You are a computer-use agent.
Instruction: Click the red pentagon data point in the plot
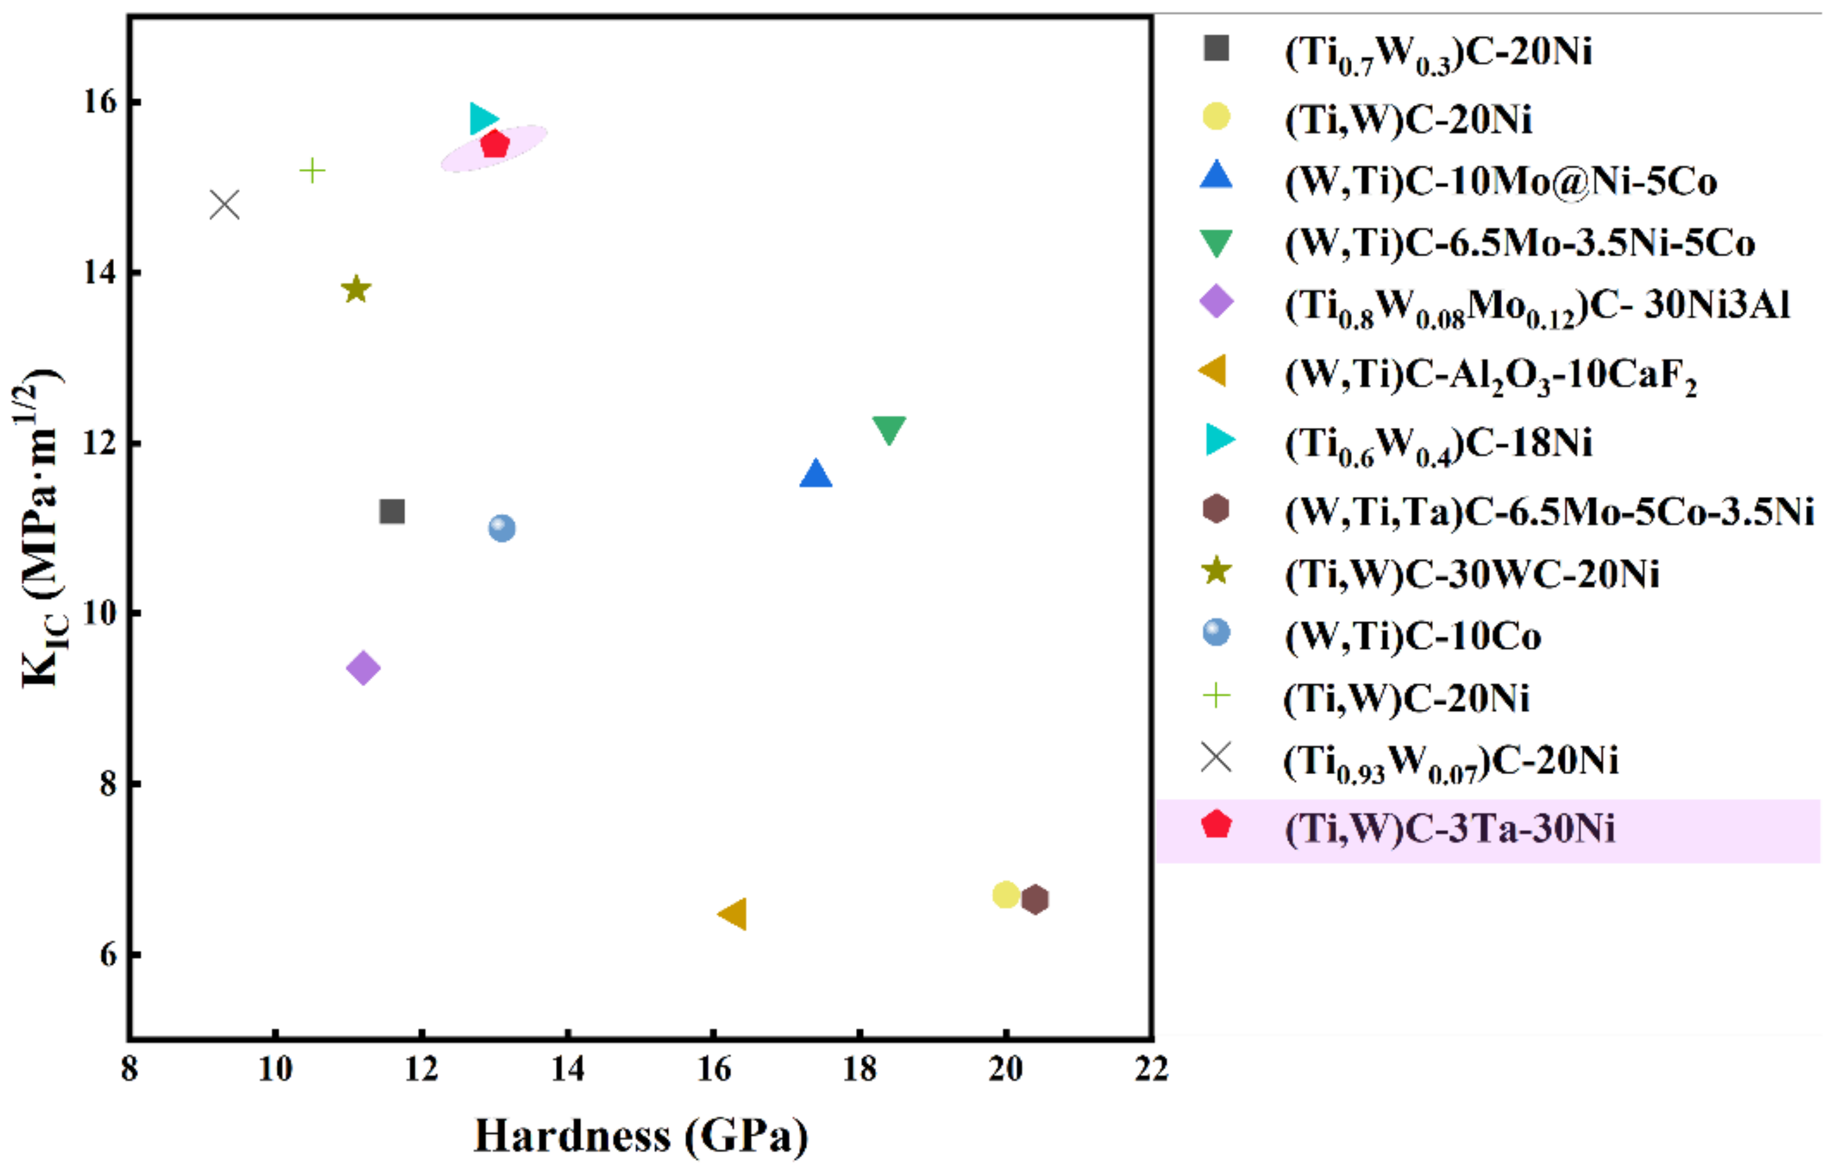[495, 144]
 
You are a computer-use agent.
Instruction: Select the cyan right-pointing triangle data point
[483, 118]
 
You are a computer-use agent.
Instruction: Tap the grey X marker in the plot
[225, 204]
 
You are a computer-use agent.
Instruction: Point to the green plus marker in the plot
[312, 170]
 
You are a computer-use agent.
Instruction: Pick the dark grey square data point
[392, 511]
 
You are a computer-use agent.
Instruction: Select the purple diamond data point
[362, 668]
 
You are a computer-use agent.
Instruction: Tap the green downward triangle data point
[889, 429]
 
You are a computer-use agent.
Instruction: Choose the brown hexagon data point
[1035, 900]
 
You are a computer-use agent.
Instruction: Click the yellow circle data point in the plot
[1006, 894]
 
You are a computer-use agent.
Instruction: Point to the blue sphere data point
[502, 528]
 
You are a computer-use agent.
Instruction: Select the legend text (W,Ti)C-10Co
[1413, 636]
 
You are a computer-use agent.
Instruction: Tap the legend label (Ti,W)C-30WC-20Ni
[1471, 574]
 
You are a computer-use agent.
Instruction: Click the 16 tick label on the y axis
[101, 102]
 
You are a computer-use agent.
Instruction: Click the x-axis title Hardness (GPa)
[641, 1136]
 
